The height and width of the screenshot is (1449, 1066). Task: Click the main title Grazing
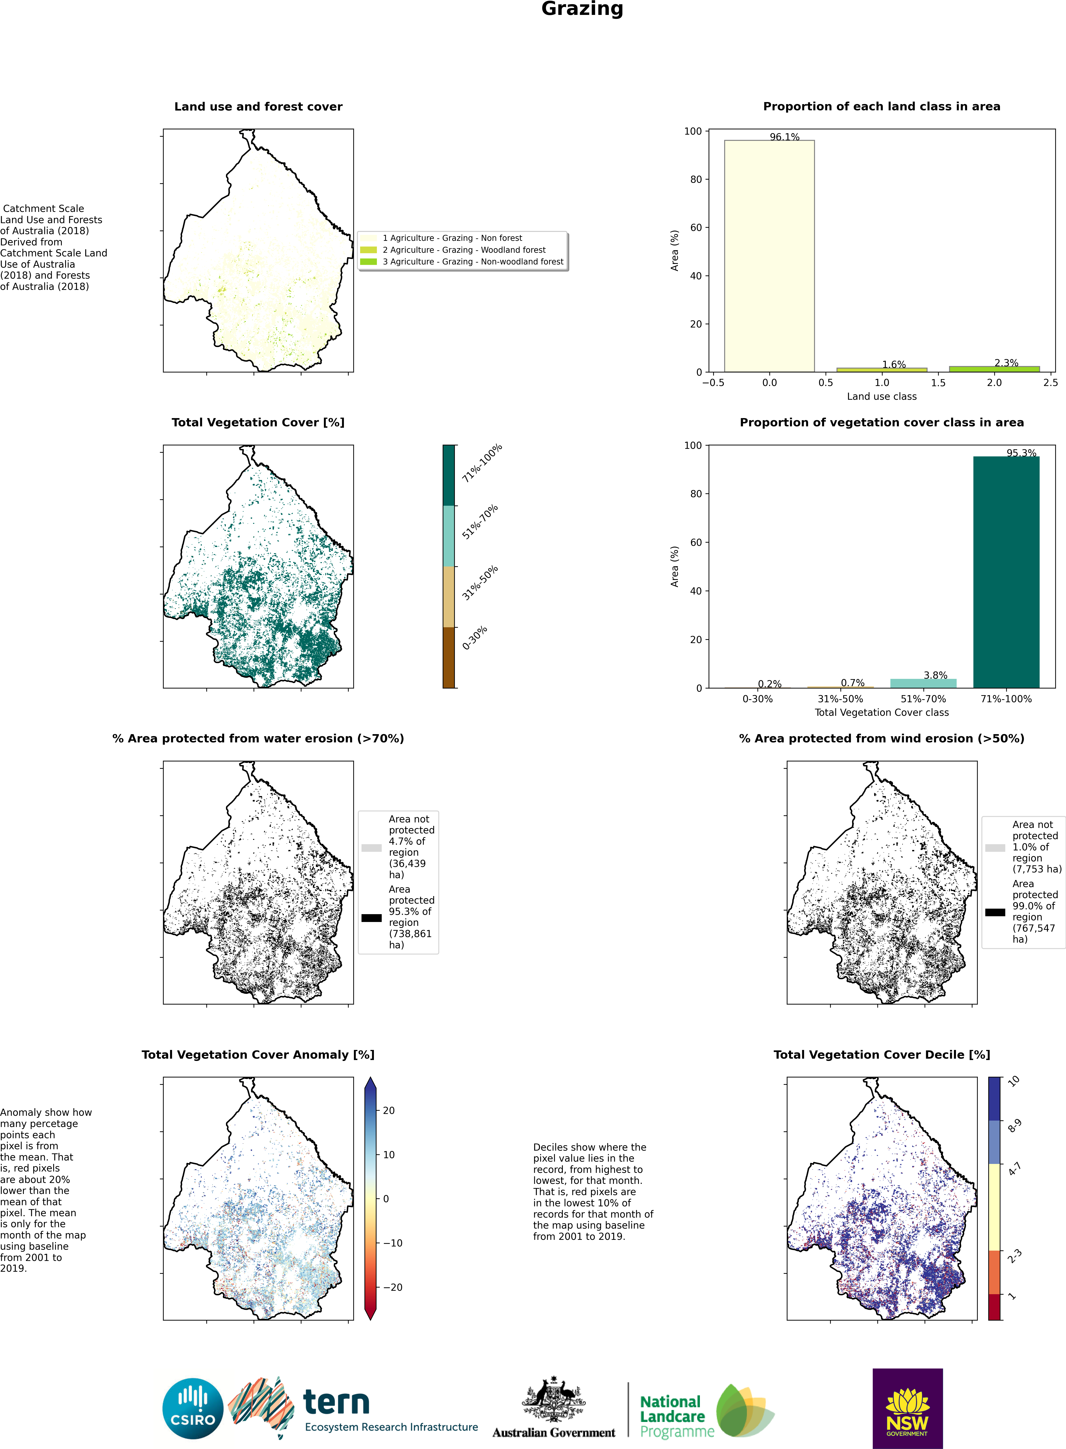tap(582, 9)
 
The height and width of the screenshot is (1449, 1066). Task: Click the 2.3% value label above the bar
tap(1006, 363)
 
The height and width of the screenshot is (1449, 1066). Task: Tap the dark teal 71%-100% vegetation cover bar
tap(1006, 572)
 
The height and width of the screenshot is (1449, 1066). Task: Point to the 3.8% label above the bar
tap(935, 675)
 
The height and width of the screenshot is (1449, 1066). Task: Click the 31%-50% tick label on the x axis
tap(840, 699)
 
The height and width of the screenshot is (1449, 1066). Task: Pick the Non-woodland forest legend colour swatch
tap(368, 261)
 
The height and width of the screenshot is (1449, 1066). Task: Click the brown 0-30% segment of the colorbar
tap(448, 657)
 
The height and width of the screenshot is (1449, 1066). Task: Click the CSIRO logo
tap(193, 1408)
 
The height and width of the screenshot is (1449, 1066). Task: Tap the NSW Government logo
tap(907, 1408)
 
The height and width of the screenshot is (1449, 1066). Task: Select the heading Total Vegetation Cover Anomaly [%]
tap(258, 1055)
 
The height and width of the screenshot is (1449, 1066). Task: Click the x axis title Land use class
tap(881, 396)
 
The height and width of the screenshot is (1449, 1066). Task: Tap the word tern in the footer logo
tap(336, 1402)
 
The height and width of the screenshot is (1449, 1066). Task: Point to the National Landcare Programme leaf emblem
tap(745, 1410)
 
